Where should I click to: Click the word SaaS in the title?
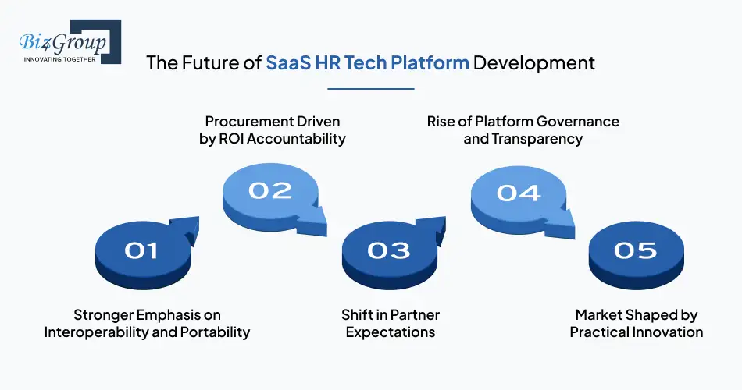288,63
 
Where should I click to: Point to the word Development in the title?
534,63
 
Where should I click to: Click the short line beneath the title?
370,88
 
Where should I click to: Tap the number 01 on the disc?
141,250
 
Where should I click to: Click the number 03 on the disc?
388,250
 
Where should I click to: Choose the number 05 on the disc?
635,250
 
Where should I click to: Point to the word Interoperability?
94,332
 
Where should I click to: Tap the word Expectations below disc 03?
390,332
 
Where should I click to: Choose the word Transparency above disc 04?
537,139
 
